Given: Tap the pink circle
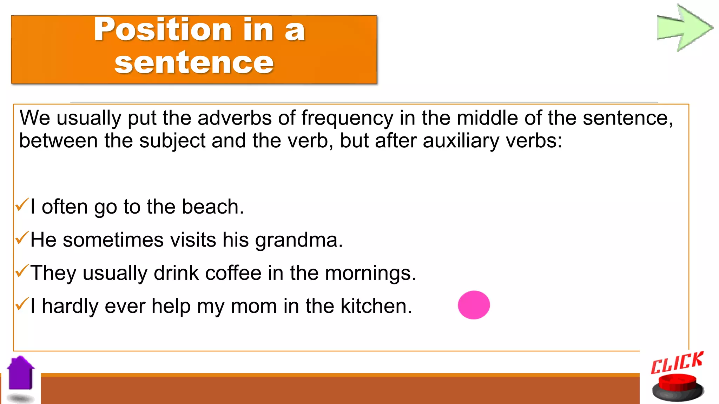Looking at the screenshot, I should pos(474,305).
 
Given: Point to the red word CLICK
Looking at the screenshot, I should pos(677,363).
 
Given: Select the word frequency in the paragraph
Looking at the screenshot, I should pos(347,118).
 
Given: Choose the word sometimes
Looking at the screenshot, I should pos(113,240).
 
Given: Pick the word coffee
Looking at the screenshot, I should pos(233,273).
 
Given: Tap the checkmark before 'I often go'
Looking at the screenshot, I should pos(22,205).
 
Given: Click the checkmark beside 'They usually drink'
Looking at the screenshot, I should pos(22,271).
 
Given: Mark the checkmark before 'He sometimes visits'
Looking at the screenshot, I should pos(22,238).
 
